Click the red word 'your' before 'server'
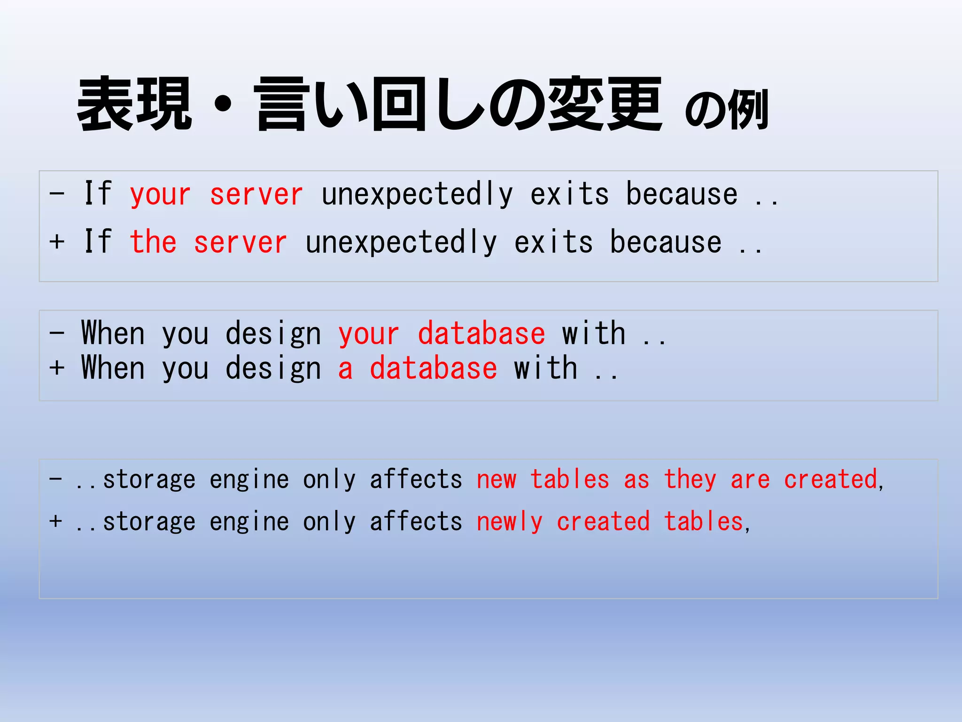pos(160,195)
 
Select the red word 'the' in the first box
pos(153,243)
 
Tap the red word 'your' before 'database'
pos(369,335)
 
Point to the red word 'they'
pos(690,480)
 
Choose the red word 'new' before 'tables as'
pos(497,480)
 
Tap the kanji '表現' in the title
pos(135,104)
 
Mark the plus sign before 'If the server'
pos(57,242)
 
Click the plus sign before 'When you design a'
pos(57,368)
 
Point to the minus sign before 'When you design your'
pos(57,332)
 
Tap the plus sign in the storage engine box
pos(56,521)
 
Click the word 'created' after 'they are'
pos(830,480)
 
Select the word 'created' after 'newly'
pos(603,522)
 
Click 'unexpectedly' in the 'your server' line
pos(417,195)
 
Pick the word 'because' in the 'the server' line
pos(666,243)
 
